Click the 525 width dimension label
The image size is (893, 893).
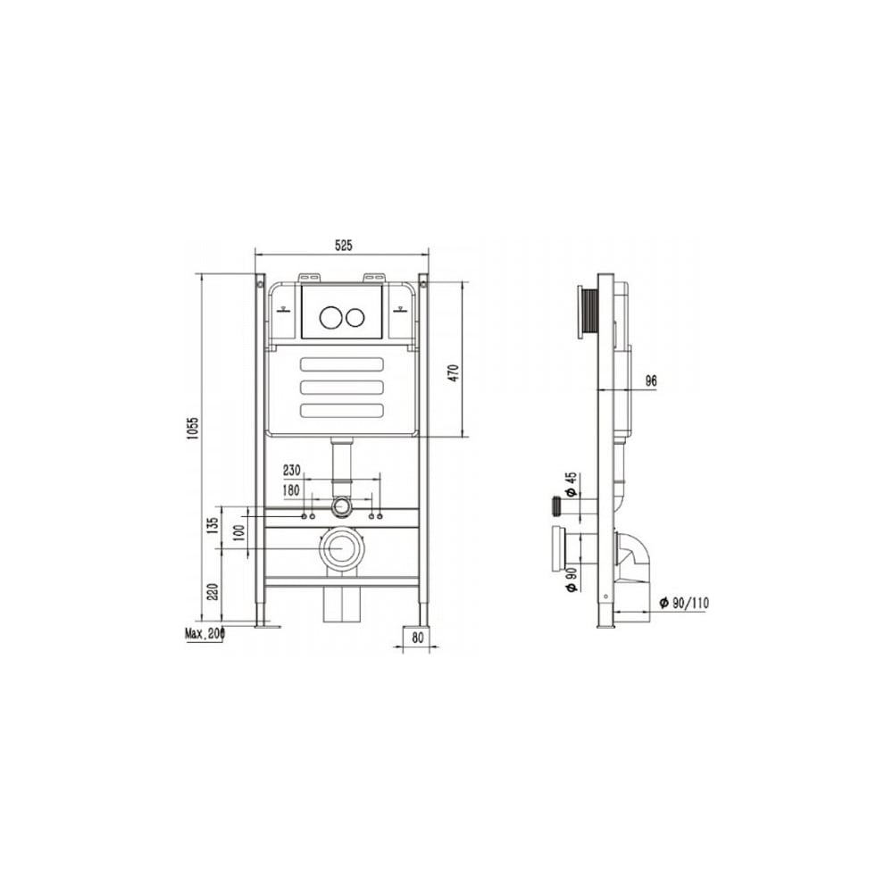(x=344, y=246)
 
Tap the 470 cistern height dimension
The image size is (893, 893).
(x=454, y=373)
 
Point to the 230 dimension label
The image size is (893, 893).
(x=292, y=471)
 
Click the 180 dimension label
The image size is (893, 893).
(x=292, y=490)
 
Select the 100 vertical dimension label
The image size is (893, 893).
(x=239, y=532)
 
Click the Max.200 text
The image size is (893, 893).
(x=205, y=633)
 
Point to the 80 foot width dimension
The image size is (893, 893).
(x=418, y=638)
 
